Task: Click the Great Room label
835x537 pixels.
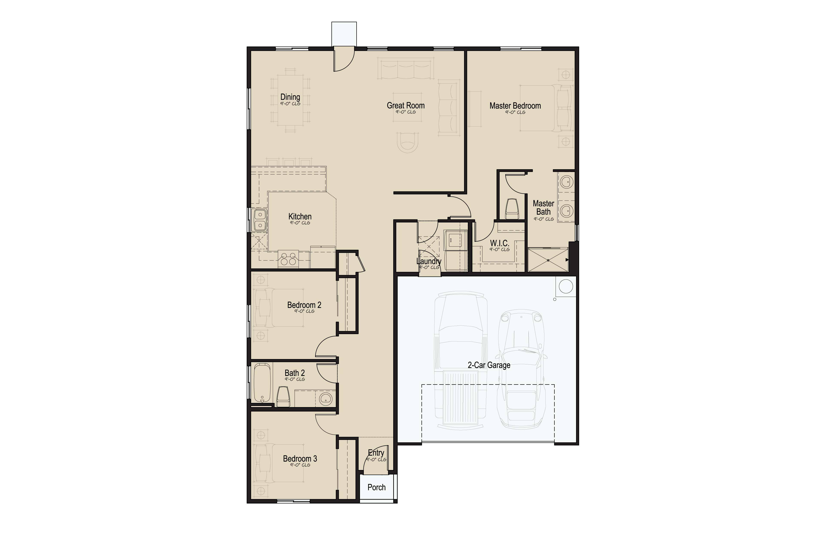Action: pos(406,105)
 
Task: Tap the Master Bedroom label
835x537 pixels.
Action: pos(515,106)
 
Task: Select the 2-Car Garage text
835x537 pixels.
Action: pos(489,365)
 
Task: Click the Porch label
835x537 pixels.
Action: pos(376,487)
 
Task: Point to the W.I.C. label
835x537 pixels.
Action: pos(499,243)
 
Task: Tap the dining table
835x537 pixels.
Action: pos(290,100)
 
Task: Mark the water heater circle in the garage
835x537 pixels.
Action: pos(566,286)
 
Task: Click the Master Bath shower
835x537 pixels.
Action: pos(548,259)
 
